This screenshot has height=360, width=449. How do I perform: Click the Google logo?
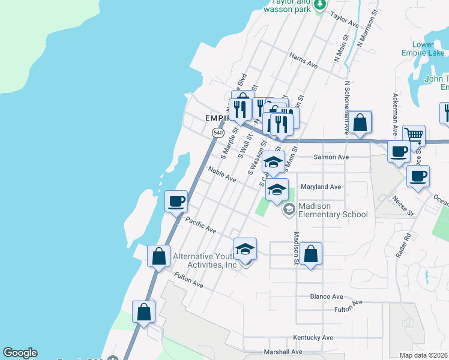click(x=20, y=353)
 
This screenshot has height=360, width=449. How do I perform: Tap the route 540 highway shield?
click(x=218, y=132)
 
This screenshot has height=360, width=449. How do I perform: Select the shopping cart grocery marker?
click(x=414, y=136)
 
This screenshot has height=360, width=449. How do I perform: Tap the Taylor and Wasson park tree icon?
click(x=320, y=5)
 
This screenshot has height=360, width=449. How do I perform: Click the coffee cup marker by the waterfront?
click(x=176, y=201)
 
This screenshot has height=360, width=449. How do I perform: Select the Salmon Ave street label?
click(x=331, y=157)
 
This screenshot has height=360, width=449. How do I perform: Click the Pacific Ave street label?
click(x=200, y=225)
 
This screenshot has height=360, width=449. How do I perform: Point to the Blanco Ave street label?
click(x=327, y=296)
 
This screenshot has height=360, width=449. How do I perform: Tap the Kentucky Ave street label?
click(x=313, y=337)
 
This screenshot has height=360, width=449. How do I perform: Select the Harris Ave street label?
click(x=303, y=60)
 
